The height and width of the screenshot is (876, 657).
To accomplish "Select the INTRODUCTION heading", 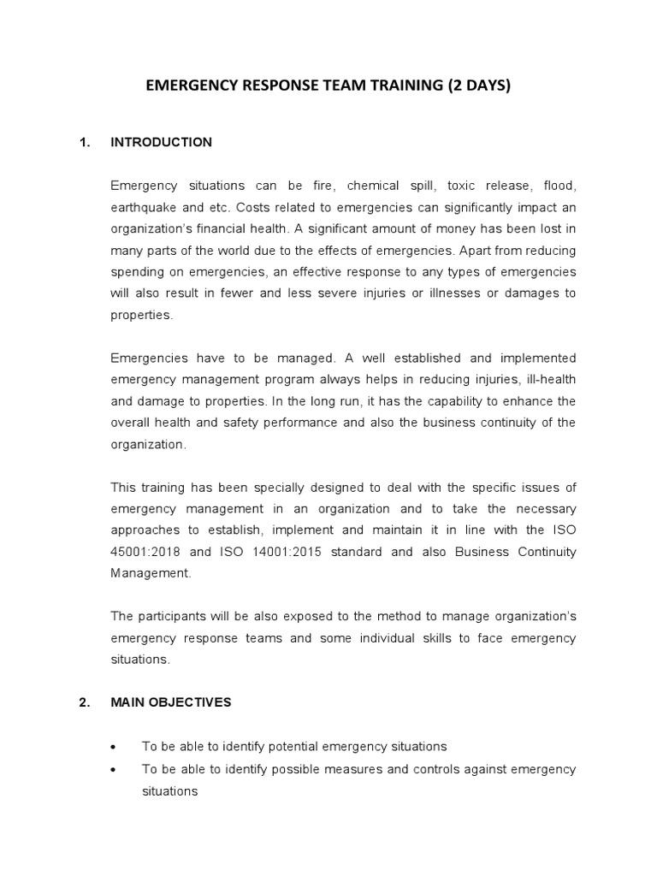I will point(161,142).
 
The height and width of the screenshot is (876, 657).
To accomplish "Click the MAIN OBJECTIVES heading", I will point(171,702).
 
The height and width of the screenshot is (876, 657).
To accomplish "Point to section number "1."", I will point(85,142).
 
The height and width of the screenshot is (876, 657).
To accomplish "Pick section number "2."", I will point(85,702).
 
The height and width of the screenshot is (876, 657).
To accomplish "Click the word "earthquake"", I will point(141,207).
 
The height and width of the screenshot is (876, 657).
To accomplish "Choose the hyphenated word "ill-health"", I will point(548,379).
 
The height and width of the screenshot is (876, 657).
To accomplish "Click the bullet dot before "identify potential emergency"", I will point(114,747).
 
